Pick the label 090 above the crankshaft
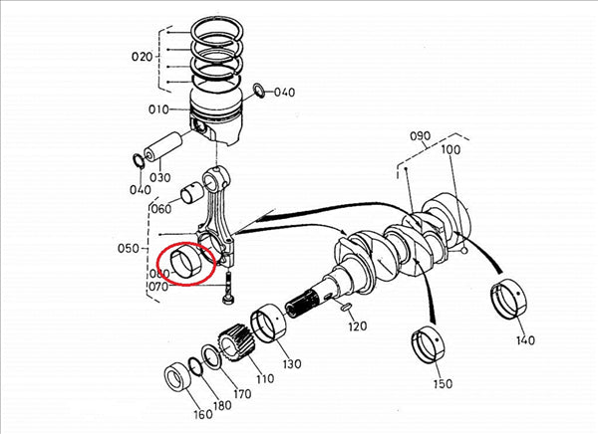419,135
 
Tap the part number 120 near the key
359,326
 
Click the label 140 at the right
525,339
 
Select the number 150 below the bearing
441,383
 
